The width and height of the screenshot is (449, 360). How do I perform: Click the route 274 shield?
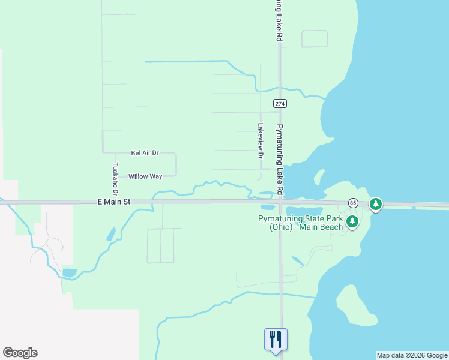coord(280,103)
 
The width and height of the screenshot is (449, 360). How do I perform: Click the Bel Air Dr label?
coord(145,153)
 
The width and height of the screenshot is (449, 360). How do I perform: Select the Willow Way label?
coord(145,176)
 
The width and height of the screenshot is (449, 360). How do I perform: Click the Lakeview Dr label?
coord(260,140)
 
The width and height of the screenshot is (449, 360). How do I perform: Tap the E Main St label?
coord(113,203)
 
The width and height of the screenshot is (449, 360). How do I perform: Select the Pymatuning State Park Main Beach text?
coord(300,223)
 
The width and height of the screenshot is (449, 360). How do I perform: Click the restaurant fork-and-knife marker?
coord(276,338)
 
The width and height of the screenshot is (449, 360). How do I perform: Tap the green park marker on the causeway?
coord(376,205)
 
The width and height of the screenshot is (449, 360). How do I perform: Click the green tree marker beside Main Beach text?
coord(353,223)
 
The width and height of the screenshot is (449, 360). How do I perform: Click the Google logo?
coord(20,353)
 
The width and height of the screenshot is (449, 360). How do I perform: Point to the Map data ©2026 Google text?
coord(412,355)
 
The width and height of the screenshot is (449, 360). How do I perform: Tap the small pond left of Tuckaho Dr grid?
coord(111,234)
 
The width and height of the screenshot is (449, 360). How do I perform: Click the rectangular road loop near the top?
coord(314,38)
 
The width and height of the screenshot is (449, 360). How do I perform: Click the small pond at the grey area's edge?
coord(70,272)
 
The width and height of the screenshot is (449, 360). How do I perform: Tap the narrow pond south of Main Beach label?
coord(298,261)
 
